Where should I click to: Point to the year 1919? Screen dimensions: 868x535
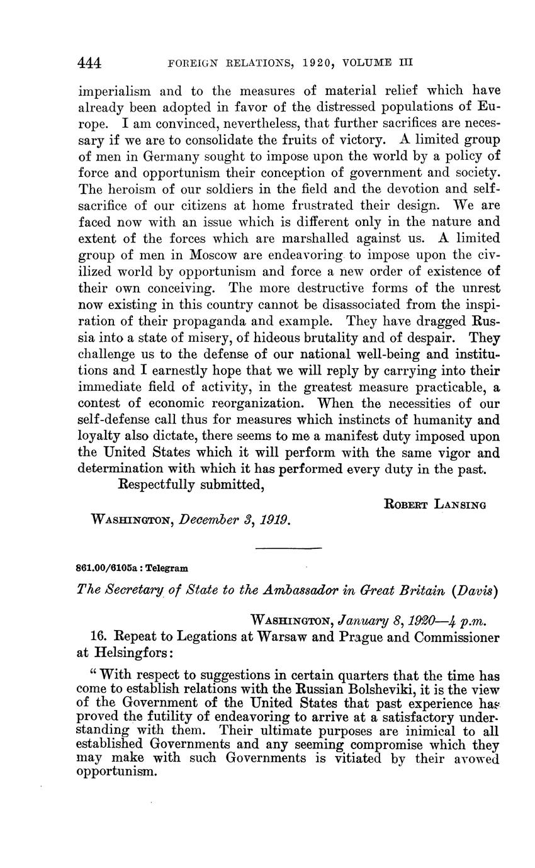click(275, 521)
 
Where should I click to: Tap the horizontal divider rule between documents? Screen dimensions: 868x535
click(289, 549)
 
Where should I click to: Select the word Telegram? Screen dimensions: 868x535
click(167, 567)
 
